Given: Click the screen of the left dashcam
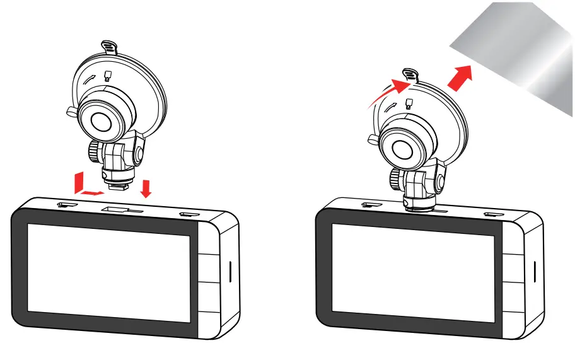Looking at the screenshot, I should pos(108,272).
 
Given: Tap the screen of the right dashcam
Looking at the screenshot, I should pos(413,272).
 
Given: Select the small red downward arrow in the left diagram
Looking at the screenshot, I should pos(146,187).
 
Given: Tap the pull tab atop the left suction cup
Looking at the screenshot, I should pos(108,47).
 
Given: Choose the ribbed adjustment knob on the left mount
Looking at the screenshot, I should pos(95,152).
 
